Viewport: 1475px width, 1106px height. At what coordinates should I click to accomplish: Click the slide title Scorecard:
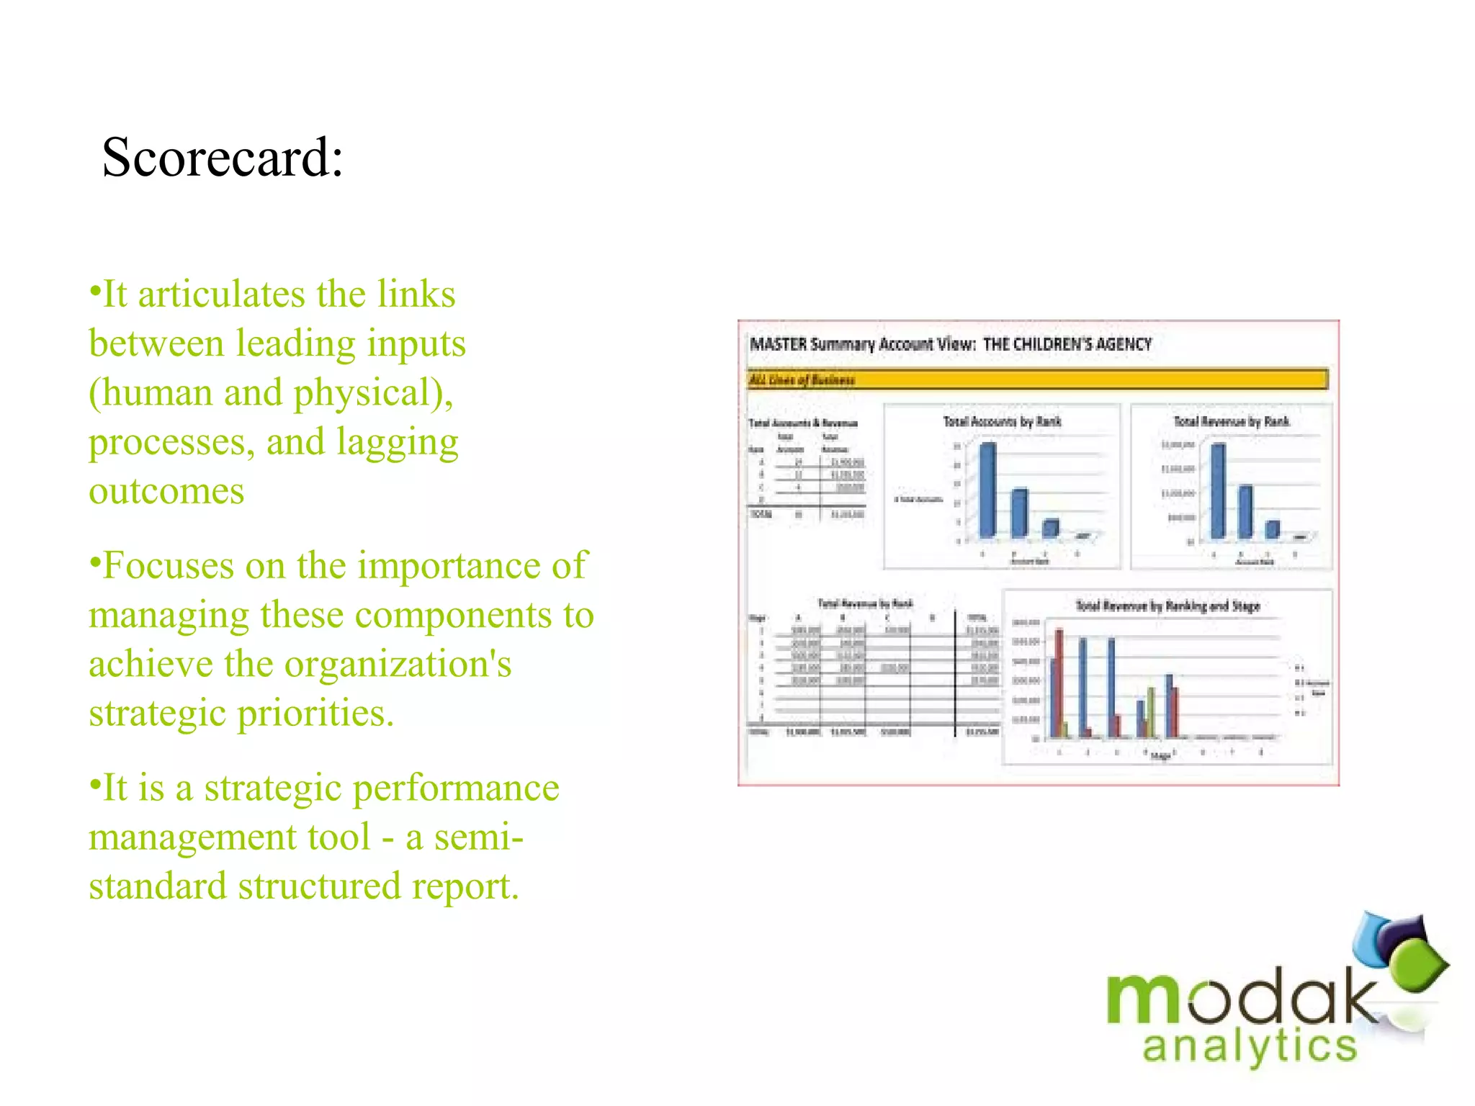[223, 157]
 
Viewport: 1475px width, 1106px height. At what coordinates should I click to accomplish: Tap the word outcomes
[166, 492]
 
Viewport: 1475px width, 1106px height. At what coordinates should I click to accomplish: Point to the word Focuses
[169, 566]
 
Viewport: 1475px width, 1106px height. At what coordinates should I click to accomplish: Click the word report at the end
[461, 886]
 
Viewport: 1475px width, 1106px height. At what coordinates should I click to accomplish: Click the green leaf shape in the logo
[1417, 965]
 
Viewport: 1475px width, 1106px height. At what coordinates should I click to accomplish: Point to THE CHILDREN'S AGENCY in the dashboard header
[1067, 344]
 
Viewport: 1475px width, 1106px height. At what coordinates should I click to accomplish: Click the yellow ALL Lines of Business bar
[1037, 379]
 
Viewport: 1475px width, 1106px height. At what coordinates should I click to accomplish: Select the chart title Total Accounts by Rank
[1002, 421]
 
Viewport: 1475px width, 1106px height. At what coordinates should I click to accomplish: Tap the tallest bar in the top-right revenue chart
[1218, 491]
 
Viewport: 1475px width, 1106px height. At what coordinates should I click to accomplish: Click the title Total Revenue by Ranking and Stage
[1167, 606]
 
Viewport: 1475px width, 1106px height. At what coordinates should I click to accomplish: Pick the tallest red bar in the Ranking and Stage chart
[1059, 683]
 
